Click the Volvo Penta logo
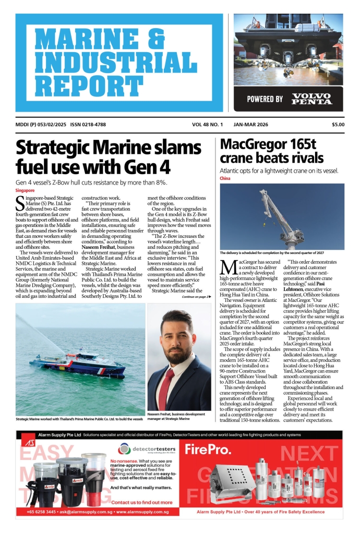(x=311, y=99)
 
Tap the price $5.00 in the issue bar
(x=338, y=125)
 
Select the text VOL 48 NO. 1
(x=207, y=125)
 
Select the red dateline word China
(x=225, y=178)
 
